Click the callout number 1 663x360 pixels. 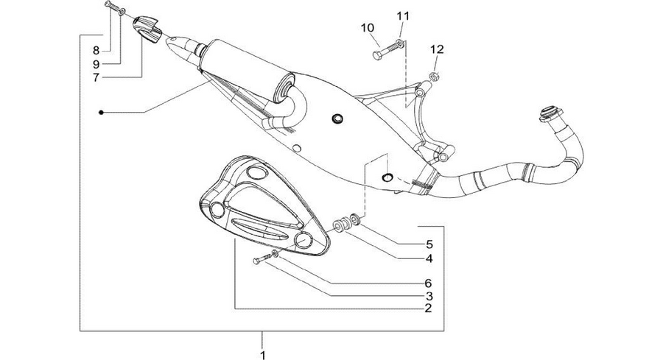(262, 355)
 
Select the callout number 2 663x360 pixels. (428, 308)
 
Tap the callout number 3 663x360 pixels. (429, 296)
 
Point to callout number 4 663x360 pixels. (429, 258)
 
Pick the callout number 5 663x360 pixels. (429, 244)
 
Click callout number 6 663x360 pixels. (429, 283)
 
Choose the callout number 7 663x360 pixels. (96, 78)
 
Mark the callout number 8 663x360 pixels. (96, 51)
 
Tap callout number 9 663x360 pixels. (96, 64)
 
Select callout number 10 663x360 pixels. (368, 28)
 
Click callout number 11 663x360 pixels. (403, 16)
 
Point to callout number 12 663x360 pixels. (437, 49)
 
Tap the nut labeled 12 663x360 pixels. (433, 77)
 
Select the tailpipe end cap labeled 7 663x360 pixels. (147, 29)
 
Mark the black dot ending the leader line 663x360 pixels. (101, 113)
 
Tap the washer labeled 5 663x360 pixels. (355, 219)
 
